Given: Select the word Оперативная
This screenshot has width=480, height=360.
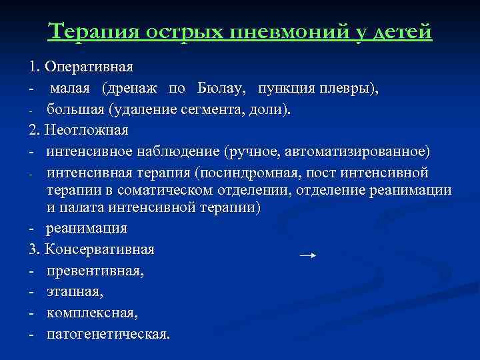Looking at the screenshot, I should coord(90,68).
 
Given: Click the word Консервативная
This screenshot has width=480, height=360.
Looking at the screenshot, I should coord(99,250).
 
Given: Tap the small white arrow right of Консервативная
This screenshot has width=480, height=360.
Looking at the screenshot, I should coord(307,255).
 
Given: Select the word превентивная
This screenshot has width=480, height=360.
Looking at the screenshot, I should coord(95,271).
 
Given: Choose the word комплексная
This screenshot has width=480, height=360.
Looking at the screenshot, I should coord(91,312).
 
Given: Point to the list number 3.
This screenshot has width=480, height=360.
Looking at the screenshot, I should coord(33,250).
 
